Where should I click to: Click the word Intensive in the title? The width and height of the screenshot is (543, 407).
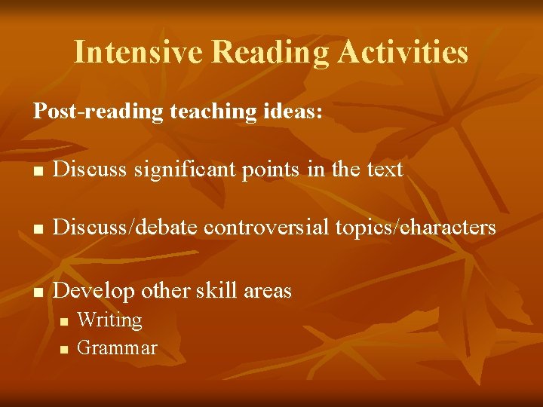point(139,52)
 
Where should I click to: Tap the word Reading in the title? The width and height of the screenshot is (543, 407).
point(271,52)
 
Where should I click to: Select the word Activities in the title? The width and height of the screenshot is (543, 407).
point(403,52)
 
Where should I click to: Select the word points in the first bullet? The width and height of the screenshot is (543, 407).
point(270,170)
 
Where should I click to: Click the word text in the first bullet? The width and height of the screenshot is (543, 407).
point(385,170)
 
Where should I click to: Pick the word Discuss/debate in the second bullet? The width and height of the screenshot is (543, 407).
point(124,227)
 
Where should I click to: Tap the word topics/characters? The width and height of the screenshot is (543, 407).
point(413,227)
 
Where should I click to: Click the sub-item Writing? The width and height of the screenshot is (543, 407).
point(110,320)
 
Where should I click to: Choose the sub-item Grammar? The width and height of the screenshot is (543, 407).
point(118,348)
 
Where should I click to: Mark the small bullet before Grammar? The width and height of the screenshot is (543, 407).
point(64,349)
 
